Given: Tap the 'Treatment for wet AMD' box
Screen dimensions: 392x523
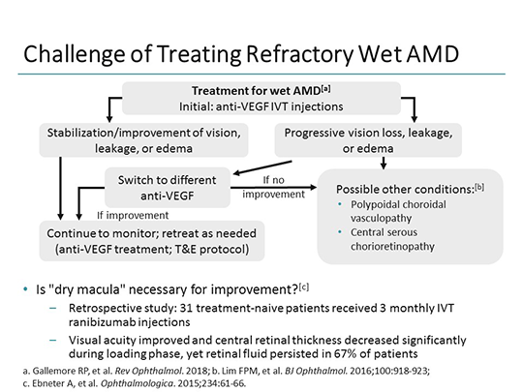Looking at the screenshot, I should (261, 98).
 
